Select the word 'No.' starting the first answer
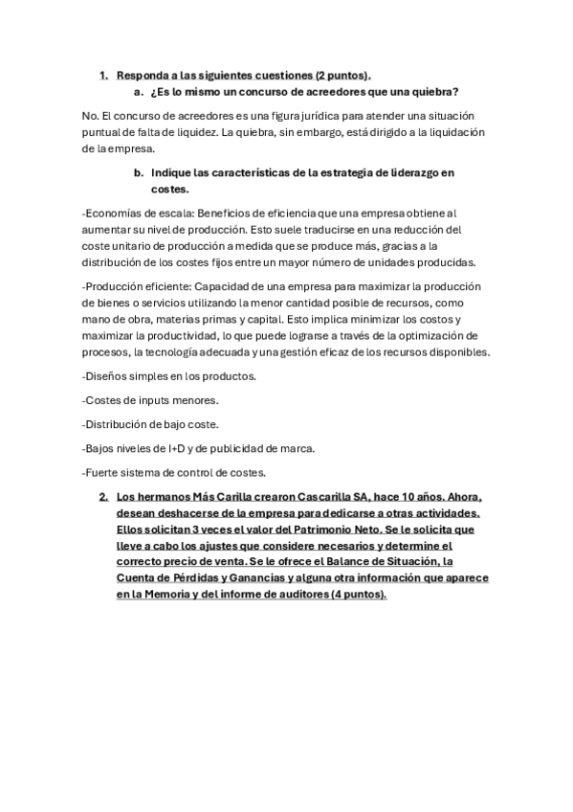click(91, 117)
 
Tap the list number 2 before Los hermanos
click(104, 498)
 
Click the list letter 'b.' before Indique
click(139, 172)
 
